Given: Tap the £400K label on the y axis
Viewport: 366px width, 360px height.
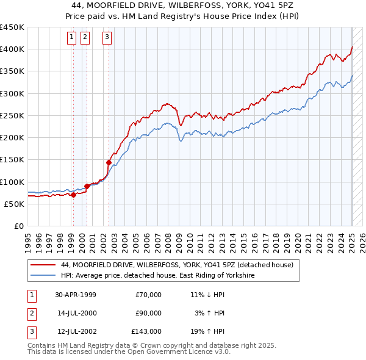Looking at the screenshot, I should (12, 49).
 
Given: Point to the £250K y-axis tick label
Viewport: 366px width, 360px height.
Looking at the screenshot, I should (12, 115).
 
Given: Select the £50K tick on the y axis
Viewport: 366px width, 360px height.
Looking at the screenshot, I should (15, 204).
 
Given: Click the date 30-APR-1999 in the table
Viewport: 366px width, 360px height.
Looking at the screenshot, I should (76, 295).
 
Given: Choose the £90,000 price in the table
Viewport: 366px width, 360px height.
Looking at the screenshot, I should (148, 313).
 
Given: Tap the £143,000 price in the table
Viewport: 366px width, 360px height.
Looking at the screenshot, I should (146, 331).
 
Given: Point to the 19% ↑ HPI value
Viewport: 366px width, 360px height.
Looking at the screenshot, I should (207, 331).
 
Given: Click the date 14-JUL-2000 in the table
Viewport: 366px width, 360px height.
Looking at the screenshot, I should (76, 313).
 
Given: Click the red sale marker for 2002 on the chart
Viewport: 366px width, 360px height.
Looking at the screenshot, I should (109, 162).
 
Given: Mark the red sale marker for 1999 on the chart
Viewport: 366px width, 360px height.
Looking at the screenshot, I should (73, 195).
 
